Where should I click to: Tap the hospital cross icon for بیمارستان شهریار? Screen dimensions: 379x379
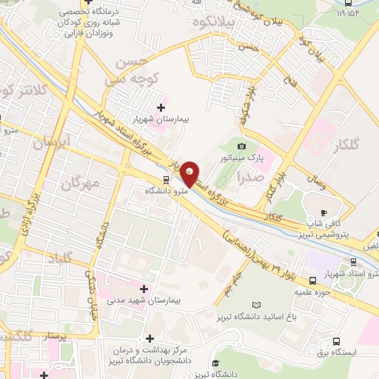coord(161,108)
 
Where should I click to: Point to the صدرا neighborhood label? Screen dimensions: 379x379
coord(246,177)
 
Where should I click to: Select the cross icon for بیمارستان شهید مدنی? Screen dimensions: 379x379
coord(144,287)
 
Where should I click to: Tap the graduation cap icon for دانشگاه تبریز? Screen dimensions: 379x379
coord(215,363)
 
